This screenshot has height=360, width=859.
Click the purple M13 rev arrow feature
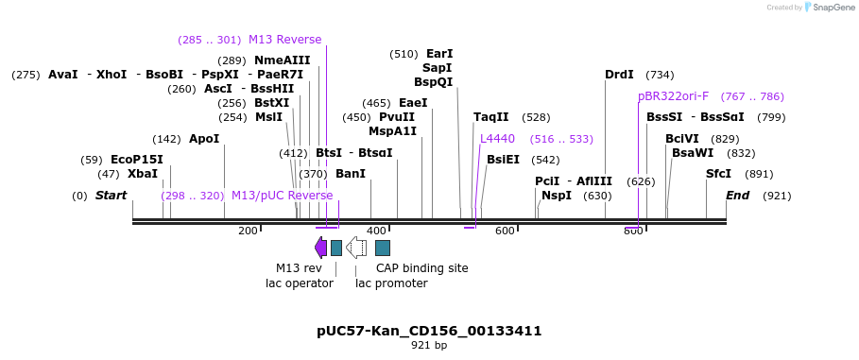tap(320, 248)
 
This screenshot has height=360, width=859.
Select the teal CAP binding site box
tap(383, 248)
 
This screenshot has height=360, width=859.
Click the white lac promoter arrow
tap(356, 248)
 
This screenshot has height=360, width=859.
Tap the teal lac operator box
tap(336, 248)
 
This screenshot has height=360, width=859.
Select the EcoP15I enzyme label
tap(137, 160)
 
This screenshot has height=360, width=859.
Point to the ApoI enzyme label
tap(204, 139)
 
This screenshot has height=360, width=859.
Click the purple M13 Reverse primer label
tap(284, 40)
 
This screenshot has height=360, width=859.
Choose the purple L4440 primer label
tap(497, 139)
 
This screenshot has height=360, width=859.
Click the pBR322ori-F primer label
tap(673, 96)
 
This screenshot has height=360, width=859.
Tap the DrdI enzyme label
tap(619, 75)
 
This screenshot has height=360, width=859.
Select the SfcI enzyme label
tap(719, 174)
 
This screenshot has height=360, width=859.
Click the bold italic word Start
tap(111, 196)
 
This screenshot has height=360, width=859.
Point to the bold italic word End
tap(737, 196)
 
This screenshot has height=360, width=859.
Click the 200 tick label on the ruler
tap(248, 231)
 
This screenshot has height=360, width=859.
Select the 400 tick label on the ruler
tap(376, 231)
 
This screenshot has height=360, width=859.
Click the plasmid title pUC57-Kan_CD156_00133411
tap(429, 331)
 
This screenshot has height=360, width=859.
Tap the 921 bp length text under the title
tap(429, 346)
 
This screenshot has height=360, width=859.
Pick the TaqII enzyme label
tap(491, 117)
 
